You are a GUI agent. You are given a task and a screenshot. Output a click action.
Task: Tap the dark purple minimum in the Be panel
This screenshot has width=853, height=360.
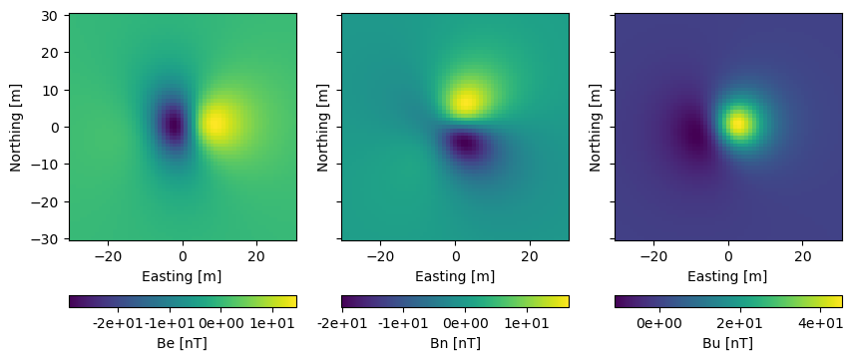(x=174, y=126)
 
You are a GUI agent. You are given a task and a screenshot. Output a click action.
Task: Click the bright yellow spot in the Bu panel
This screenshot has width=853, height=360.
(x=737, y=124)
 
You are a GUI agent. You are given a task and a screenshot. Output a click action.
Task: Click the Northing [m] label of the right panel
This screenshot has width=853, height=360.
(x=597, y=127)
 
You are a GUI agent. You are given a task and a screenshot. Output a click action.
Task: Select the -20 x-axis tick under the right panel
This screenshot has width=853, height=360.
(x=653, y=254)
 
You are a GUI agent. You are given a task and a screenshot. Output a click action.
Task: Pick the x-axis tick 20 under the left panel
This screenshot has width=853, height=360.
(x=256, y=254)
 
